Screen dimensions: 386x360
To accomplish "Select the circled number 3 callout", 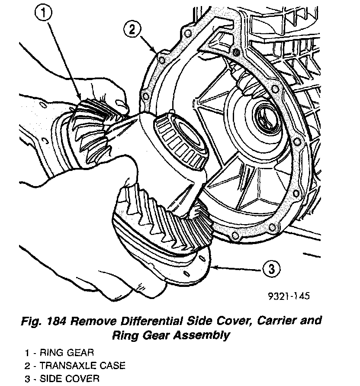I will coord(270,269).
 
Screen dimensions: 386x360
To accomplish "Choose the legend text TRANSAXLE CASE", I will coord(82,366).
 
